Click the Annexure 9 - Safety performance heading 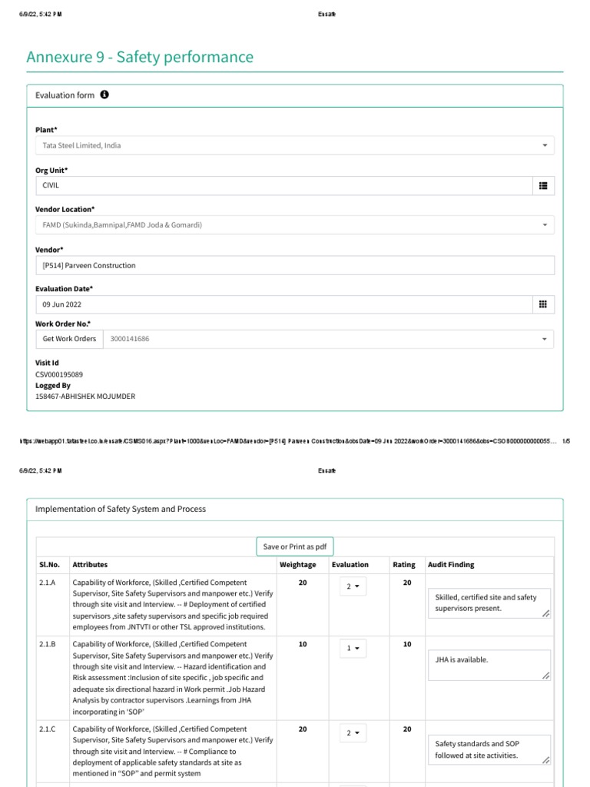click(140, 57)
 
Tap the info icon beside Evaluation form click(104, 95)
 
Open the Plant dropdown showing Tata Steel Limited click(294, 145)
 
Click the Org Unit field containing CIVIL click(283, 185)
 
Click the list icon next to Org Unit click(543, 185)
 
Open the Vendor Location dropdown click(294, 225)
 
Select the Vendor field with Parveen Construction click(294, 265)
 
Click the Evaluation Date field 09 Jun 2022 click(283, 304)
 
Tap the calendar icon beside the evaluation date click(543, 304)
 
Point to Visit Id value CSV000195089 click(59, 374)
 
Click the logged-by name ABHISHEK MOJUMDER click(85, 397)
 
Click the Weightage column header click(297, 565)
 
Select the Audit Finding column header click(451, 565)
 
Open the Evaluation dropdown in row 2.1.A click(353, 586)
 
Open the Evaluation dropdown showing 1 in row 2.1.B click(353, 648)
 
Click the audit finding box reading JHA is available click(488, 665)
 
